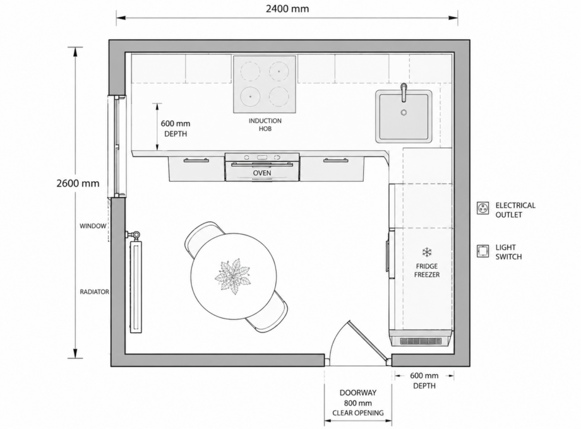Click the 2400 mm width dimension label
point(287,8)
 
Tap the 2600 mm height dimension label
point(78,183)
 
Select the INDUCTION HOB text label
point(265,125)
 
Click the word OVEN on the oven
point(262,173)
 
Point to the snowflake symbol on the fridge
point(427,253)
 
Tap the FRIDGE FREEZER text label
point(427,271)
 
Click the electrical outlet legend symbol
point(483,208)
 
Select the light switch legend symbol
point(483,251)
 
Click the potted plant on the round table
point(232,276)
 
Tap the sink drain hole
point(404,112)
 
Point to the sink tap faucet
point(404,92)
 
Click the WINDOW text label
point(93,226)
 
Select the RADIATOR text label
point(95,291)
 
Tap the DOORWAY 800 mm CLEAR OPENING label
point(358,403)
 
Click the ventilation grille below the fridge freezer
point(420,341)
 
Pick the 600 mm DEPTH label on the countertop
point(176,129)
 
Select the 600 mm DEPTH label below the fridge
point(424,380)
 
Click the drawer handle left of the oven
point(196,160)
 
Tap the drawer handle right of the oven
point(336,160)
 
